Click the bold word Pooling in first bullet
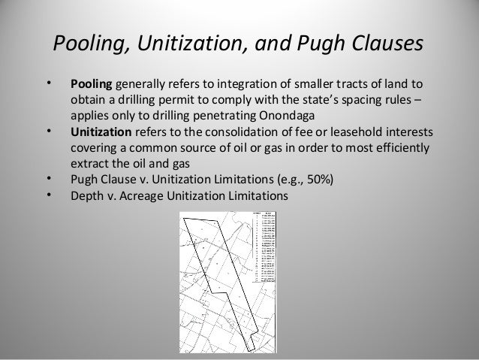point(90,84)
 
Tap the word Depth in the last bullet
point(87,195)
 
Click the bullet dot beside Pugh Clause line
point(48,179)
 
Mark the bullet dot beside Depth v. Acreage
point(48,195)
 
